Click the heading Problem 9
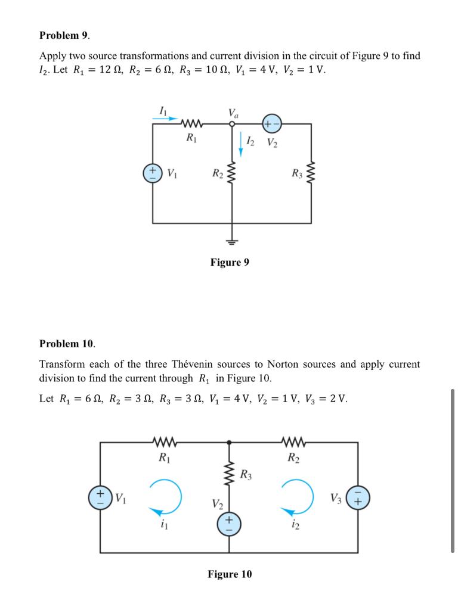(64, 36)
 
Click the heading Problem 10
(67, 344)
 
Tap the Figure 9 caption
(230, 262)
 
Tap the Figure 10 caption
(230, 574)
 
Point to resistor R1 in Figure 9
(192, 125)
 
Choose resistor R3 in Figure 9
(311, 173)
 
